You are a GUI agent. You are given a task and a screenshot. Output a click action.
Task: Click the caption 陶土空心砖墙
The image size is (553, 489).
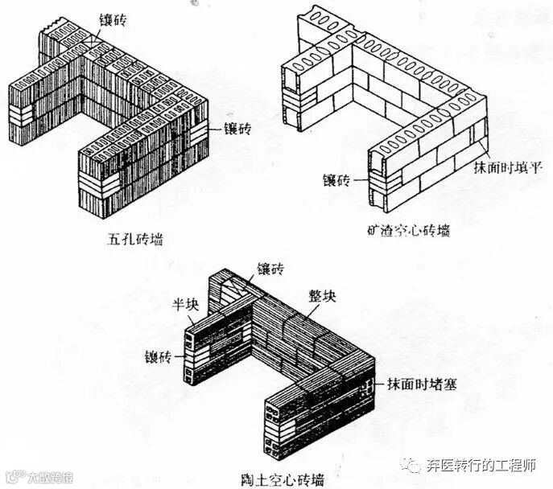click(x=288, y=479)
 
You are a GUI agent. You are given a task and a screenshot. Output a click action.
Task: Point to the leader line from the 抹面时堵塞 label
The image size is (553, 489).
click(x=381, y=383)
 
